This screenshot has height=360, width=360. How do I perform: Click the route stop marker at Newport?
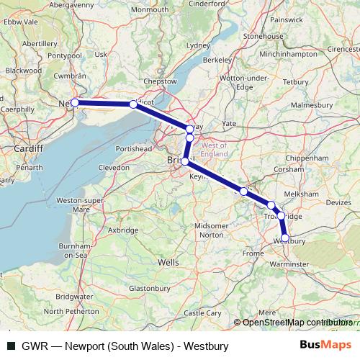pos(75,103)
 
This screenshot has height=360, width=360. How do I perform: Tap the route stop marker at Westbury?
pos(285,238)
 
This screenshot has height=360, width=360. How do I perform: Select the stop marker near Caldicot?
pos(133,104)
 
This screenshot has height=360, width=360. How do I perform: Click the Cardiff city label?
pos(28,148)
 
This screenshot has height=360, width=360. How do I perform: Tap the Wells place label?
pos(168,263)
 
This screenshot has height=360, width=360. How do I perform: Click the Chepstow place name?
pos(160,81)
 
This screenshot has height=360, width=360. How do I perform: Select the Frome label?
pos(253,253)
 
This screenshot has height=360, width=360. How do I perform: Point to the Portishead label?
pos(134,148)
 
